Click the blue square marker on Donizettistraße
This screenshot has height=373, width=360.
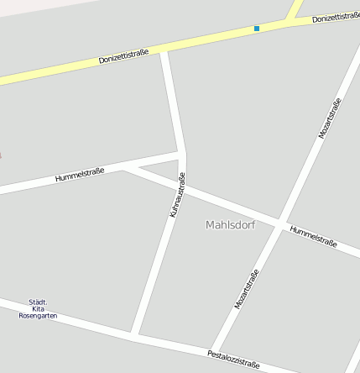[257, 29]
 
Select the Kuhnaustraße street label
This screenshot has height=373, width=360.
[177, 195]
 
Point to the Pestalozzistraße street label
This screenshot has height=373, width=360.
[233, 359]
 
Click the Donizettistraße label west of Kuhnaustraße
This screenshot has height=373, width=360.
[123, 56]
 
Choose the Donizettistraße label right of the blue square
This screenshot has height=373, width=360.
[336, 16]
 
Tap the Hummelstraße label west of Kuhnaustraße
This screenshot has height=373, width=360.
[79, 175]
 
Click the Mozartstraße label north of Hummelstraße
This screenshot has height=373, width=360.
[330, 118]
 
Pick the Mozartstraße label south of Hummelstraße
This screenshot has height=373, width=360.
[247, 289]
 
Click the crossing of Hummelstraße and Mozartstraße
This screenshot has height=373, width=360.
[279, 222]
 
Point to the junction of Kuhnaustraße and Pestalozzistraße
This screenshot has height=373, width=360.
[134, 336]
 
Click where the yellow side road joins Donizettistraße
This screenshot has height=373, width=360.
[290, 20]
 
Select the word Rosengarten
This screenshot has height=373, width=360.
[38, 316]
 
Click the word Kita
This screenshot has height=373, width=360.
[38, 308]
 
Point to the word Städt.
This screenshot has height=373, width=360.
[38, 302]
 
